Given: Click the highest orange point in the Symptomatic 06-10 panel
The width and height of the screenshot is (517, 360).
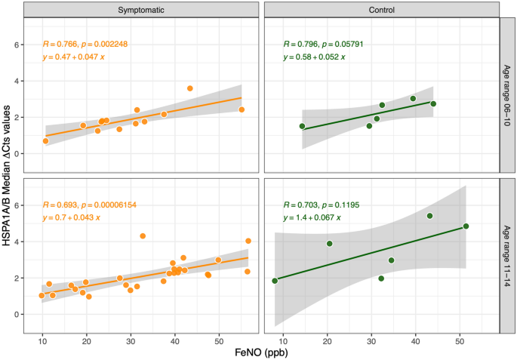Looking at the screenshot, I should [x=190, y=88].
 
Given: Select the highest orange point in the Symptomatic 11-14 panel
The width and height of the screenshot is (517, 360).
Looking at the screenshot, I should [x=143, y=236].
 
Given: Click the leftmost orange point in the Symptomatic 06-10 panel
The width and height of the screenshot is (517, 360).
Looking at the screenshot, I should [x=46, y=141].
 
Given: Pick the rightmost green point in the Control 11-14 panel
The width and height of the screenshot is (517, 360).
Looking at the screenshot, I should [x=466, y=226].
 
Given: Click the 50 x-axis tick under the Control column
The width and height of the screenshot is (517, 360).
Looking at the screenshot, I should [x=460, y=340].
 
